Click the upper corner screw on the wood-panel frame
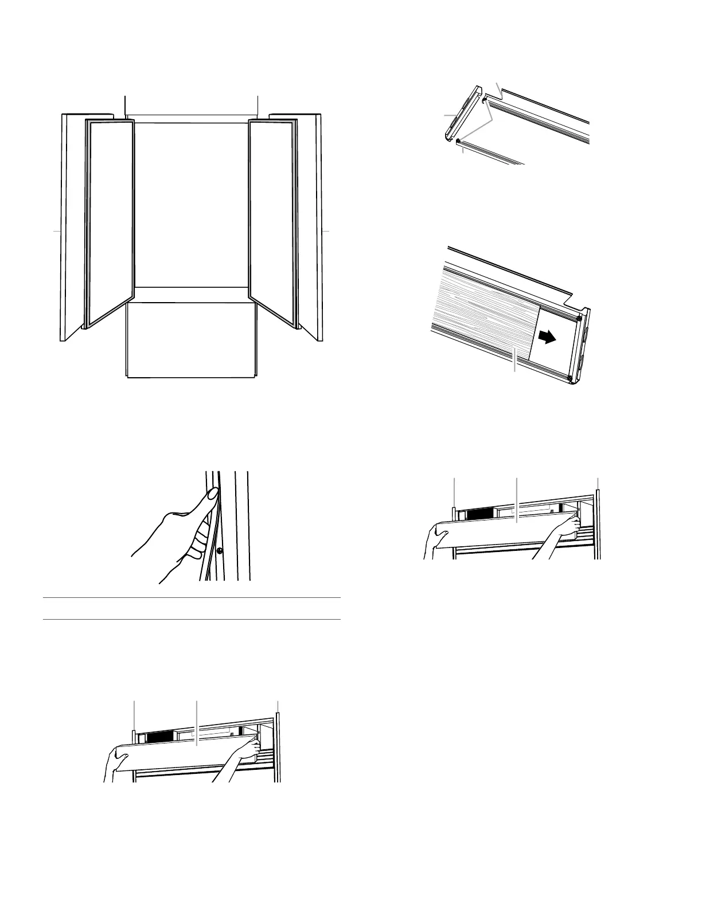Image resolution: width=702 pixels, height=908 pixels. [579, 318]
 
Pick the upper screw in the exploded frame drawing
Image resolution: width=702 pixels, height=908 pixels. [485, 100]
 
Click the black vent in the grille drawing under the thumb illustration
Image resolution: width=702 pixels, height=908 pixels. [161, 737]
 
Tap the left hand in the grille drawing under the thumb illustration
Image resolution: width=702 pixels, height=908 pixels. [115, 762]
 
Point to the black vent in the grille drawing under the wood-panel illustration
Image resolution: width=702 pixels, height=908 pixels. [481, 513]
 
